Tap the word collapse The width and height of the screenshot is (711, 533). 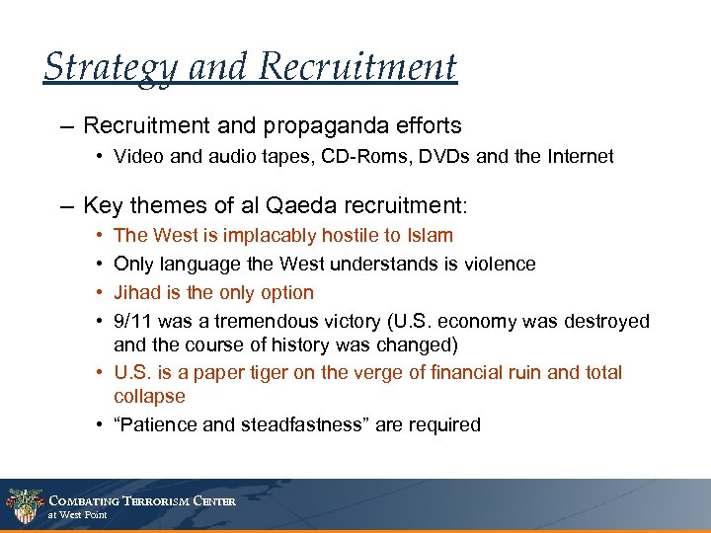click(149, 396)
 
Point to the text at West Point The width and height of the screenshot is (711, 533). click(78, 515)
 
